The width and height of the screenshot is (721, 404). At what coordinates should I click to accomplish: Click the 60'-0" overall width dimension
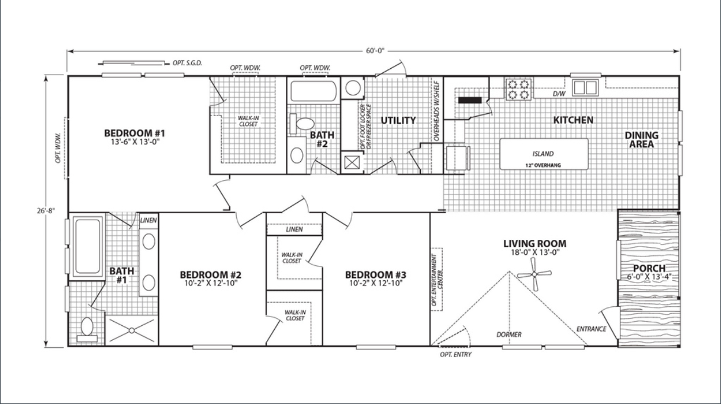[375, 51]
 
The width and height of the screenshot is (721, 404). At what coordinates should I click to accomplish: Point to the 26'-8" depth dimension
[46, 211]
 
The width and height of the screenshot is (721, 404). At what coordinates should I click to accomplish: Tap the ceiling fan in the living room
[535, 274]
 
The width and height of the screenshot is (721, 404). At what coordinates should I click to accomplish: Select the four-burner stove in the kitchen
[518, 89]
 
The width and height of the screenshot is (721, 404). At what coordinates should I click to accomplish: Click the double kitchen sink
[585, 87]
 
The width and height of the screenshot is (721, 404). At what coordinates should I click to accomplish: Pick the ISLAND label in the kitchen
[543, 154]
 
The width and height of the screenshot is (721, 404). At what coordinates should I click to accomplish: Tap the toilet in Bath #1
[87, 329]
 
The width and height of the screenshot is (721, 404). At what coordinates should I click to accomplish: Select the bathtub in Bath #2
[314, 91]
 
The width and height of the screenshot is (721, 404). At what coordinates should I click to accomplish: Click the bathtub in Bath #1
[88, 246]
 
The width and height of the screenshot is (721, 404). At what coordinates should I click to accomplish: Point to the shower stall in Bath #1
[131, 331]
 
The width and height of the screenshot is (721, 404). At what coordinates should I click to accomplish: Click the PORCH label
[649, 268]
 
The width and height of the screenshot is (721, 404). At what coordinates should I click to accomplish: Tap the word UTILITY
[398, 120]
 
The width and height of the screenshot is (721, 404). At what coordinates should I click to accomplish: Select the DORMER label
[509, 335]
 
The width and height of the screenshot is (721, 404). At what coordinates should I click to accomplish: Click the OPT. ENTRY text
[455, 355]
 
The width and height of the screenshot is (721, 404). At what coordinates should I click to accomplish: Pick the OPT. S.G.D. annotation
[187, 63]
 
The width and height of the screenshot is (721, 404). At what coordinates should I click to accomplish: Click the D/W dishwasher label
[559, 94]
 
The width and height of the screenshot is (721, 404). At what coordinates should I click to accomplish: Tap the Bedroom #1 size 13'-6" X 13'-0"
[136, 142]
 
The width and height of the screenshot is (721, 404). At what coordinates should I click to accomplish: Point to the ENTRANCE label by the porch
[591, 329]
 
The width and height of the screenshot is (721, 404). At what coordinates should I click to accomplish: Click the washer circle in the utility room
[353, 88]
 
